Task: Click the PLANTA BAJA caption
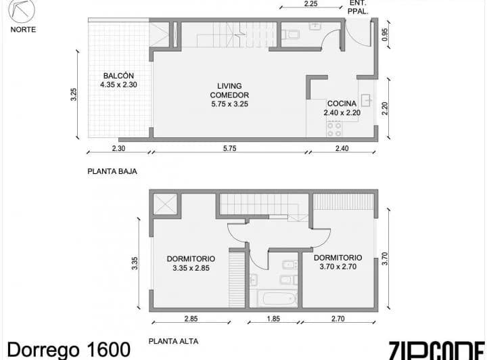click(112, 172)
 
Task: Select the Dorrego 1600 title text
click(68, 350)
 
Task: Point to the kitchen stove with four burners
click(334, 129)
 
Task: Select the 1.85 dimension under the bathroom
click(274, 319)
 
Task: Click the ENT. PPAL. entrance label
click(358, 7)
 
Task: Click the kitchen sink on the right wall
click(366, 100)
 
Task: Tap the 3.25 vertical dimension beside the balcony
click(74, 95)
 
